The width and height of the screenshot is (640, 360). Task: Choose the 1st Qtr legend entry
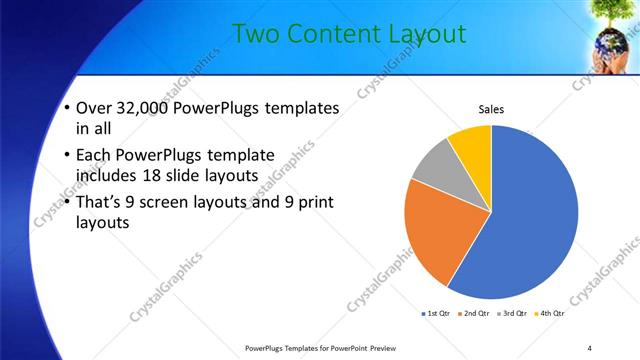click(436, 314)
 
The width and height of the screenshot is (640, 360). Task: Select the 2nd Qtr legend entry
click(474, 314)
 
